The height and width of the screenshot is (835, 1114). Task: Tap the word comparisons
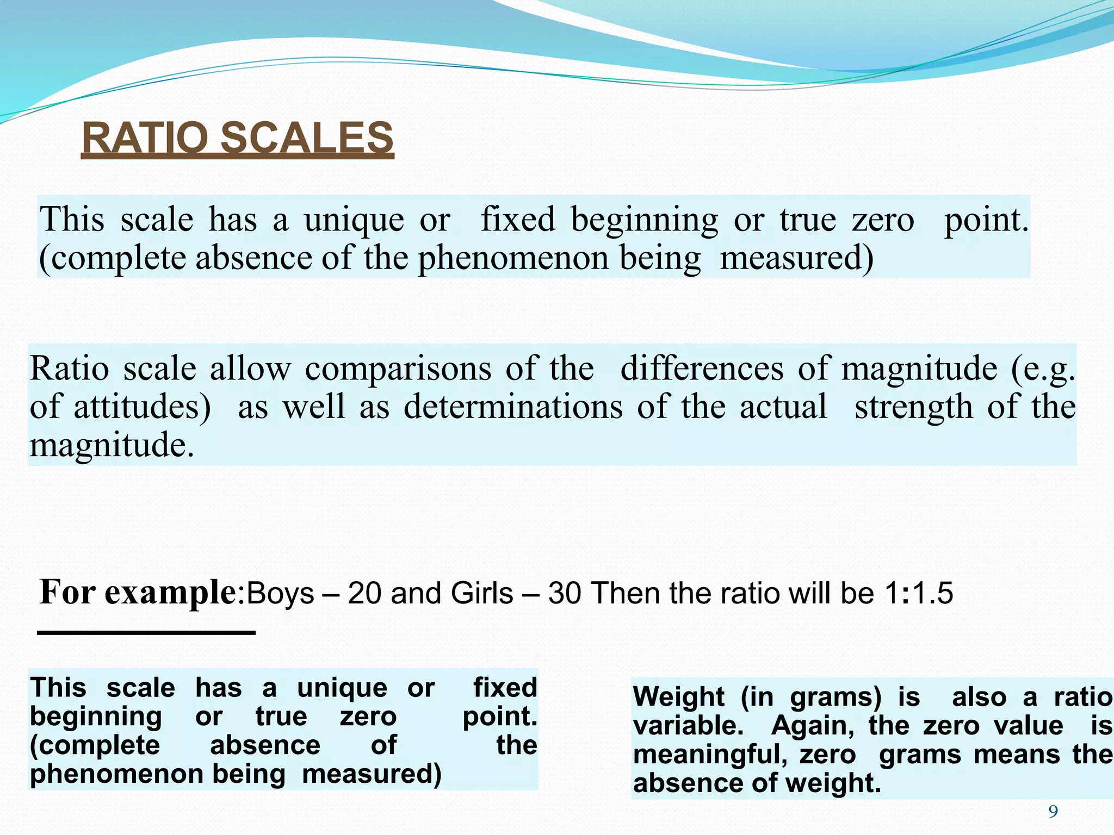click(398, 369)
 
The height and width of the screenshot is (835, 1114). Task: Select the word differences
click(702, 369)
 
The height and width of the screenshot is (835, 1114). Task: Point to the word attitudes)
click(142, 407)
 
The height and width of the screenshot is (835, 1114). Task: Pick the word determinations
click(513, 407)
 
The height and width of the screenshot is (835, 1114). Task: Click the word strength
click(913, 407)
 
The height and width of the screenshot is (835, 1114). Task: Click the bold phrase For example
click(138, 592)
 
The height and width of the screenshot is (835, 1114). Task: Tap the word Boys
click(280, 593)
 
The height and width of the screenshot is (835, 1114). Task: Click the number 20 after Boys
click(364, 593)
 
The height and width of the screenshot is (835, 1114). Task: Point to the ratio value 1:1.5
click(919, 593)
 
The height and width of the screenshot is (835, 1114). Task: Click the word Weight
click(678, 697)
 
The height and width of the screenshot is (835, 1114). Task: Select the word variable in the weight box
click(688, 726)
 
